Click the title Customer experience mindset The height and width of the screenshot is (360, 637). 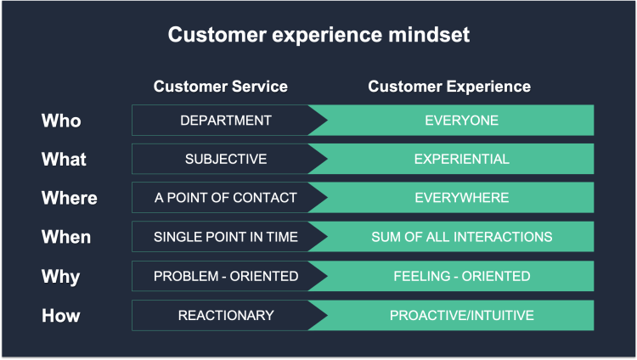pos(318,36)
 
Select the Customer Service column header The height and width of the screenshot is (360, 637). pos(220,87)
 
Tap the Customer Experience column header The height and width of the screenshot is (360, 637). pos(449,87)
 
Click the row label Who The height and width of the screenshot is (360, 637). pos(61,121)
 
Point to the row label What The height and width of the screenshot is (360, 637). pos(64,160)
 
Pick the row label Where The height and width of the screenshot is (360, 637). pos(69,199)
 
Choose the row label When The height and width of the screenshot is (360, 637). pos(66,238)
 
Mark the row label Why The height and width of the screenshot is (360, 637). pos(60,277)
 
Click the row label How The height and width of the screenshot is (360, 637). pos(60,316)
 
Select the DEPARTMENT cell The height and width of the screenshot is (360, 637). pos(226,121)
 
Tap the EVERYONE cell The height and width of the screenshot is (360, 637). pos(461,121)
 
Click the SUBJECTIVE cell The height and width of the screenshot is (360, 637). pos(226,160)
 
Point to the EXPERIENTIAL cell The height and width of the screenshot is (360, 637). pos(461,160)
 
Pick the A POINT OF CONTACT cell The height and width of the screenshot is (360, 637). pos(226,199)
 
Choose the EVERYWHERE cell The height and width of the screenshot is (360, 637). pos(461,199)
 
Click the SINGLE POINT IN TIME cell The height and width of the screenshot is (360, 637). pos(226,238)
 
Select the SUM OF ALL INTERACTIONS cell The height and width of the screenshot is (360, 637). pos(461,238)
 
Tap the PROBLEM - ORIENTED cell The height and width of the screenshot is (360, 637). pos(226,277)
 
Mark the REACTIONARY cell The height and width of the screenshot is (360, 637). pos(226,316)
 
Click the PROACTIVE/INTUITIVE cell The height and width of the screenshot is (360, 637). pos(461,316)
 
